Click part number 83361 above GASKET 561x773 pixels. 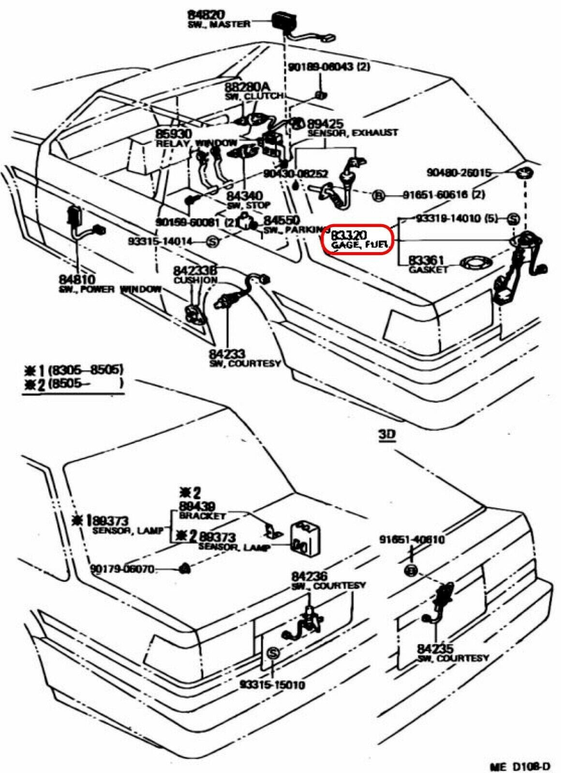426,260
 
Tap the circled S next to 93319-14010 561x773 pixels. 513,219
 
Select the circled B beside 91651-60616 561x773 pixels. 379,195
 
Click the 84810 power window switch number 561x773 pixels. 77,279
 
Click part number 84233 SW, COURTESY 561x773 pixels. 227,354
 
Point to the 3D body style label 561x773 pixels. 386,434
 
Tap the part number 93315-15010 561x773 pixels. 272,685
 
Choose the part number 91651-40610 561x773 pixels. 412,540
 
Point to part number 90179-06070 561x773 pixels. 122,569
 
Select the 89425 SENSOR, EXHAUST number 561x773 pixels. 325,124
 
